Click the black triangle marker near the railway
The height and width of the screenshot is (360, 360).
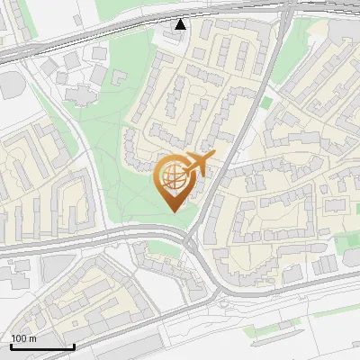pos(182,23)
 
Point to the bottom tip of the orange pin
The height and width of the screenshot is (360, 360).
pos(175,211)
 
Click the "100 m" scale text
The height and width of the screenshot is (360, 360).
pos(24,338)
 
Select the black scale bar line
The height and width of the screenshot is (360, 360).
pos(42,346)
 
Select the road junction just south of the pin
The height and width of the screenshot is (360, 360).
pos(191,241)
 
